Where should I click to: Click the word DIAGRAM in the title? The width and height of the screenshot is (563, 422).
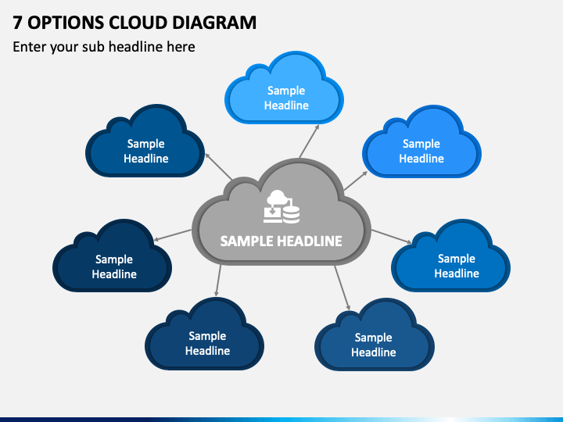pyautogui.click(x=214, y=23)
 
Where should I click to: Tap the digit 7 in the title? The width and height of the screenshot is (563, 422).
pyautogui.click(x=17, y=23)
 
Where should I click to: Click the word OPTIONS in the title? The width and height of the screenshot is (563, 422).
pyautogui.click(x=66, y=23)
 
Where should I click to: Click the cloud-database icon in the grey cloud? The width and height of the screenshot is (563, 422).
pyautogui.click(x=281, y=206)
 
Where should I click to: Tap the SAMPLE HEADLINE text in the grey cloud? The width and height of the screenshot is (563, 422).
pyautogui.click(x=281, y=241)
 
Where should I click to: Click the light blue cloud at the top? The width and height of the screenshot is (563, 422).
pyautogui.click(x=285, y=88)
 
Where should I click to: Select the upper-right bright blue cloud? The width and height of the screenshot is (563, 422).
pyautogui.click(x=422, y=141)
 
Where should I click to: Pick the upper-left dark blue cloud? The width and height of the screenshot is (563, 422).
pyautogui.click(x=145, y=141)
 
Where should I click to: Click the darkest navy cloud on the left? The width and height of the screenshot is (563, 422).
pyautogui.click(x=113, y=256)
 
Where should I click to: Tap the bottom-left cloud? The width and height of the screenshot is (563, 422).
pyautogui.click(x=205, y=334)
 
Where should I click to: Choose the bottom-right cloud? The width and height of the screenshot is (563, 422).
pyautogui.click(x=375, y=335)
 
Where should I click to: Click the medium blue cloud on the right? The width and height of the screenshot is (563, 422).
pyautogui.click(x=451, y=256)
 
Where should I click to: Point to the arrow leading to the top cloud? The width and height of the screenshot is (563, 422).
pyautogui.click(x=309, y=141)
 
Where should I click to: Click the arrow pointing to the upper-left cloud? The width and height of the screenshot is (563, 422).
pyautogui.click(x=218, y=166)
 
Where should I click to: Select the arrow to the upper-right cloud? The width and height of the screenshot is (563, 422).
pyautogui.click(x=356, y=181)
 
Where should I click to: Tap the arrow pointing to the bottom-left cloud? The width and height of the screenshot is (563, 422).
pyautogui.click(x=218, y=281)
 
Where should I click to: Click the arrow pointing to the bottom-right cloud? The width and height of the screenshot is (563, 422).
pyautogui.click(x=342, y=288)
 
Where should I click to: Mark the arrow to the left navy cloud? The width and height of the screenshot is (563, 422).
pyautogui.click(x=172, y=235)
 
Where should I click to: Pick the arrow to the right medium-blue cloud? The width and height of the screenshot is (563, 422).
pyautogui.click(x=392, y=237)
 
